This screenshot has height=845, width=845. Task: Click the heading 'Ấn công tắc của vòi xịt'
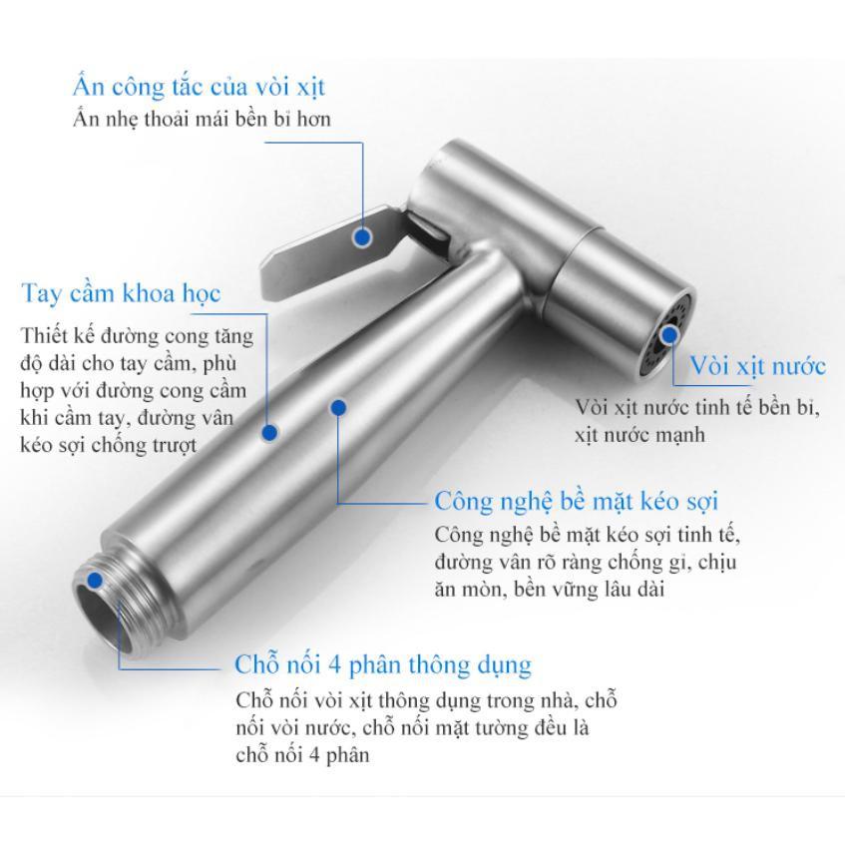click(x=200, y=87)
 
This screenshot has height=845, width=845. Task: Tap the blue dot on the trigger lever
click(x=363, y=236)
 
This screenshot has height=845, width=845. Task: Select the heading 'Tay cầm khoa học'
click(x=121, y=294)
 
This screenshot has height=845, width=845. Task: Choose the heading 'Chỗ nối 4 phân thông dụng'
click(x=383, y=664)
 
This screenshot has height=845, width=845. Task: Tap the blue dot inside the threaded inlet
click(x=95, y=581)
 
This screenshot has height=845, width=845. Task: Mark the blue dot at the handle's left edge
click(x=269, y=433)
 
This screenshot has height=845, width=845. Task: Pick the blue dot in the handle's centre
click(x=338, y=407)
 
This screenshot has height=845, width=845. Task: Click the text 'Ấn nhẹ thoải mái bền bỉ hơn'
click(x=203, y=119)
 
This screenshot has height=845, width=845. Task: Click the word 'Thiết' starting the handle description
click(x=42, y=335)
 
